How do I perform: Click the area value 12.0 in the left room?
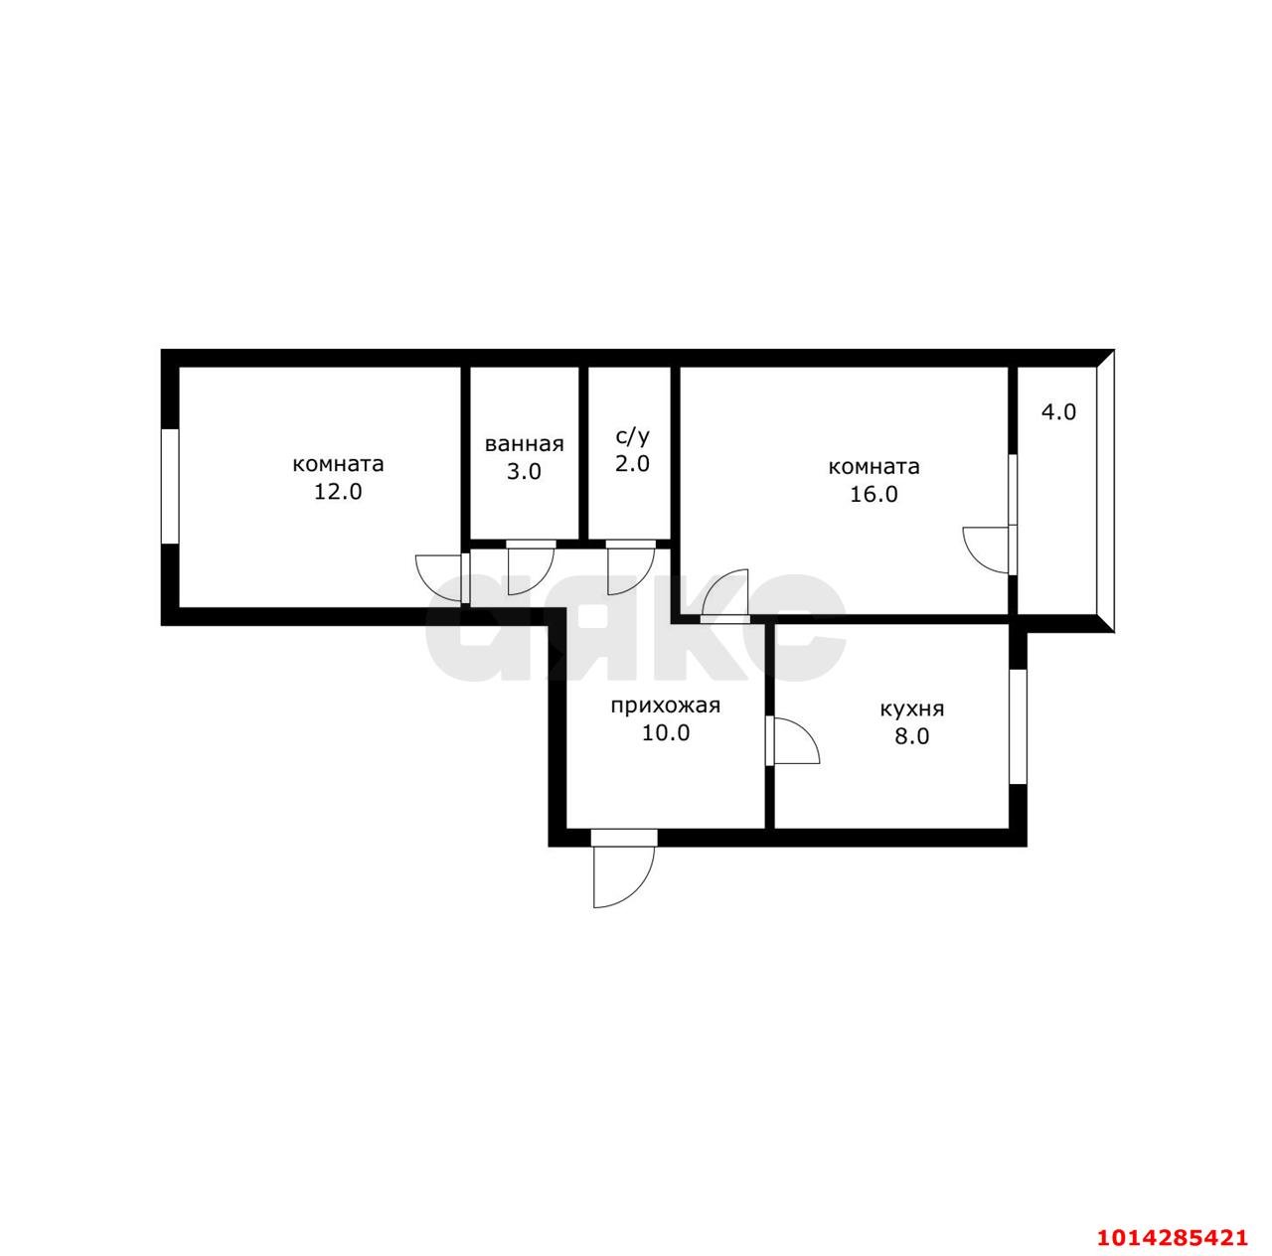point(337,492)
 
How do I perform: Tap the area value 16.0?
point(873,495)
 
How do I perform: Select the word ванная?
point(524,444)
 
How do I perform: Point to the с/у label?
point(632,436)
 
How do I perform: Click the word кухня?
point(911,709)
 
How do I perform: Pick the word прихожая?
point(666,706)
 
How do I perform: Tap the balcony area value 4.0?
point(1058,412)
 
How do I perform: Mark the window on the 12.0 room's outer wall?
point(170,486)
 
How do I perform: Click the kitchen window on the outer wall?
point(1018,727)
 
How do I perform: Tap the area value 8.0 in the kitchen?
point(911,736)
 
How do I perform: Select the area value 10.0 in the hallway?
point(666,733)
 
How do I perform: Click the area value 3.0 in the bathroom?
point(524,472)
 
